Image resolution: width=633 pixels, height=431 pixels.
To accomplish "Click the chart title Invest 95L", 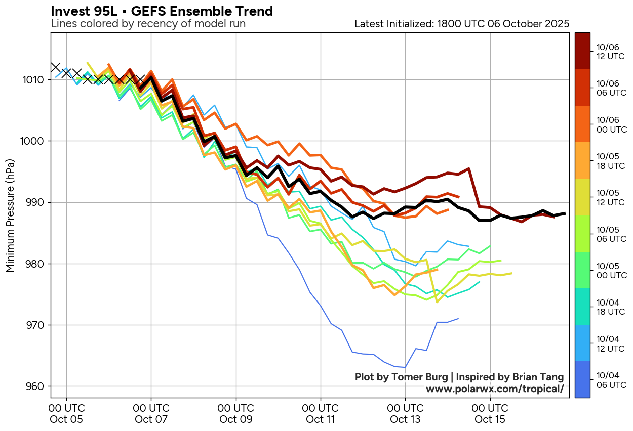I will click(x=162, y=11).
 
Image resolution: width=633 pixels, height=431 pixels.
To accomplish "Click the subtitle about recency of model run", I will click(x=148, y=24).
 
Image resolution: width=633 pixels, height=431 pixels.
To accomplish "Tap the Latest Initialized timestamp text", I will click(x=462, y=24).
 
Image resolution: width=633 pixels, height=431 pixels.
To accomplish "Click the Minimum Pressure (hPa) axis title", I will click(x=10, y=215).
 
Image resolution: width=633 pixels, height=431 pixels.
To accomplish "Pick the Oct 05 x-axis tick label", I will click(x=66, y=414).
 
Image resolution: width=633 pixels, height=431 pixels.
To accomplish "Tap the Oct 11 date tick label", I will click(x=321, y=414).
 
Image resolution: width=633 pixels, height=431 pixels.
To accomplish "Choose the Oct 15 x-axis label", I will click(x=490, y=414).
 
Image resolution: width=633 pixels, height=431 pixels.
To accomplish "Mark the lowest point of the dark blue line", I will click(x=405, y=367).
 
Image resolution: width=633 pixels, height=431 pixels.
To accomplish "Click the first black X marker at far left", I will click(x=55, y=67).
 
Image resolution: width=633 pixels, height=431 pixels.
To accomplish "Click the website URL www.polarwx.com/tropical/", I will click(x=494, y=389).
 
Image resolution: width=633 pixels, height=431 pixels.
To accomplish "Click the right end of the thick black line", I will click(x=565, y=213).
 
